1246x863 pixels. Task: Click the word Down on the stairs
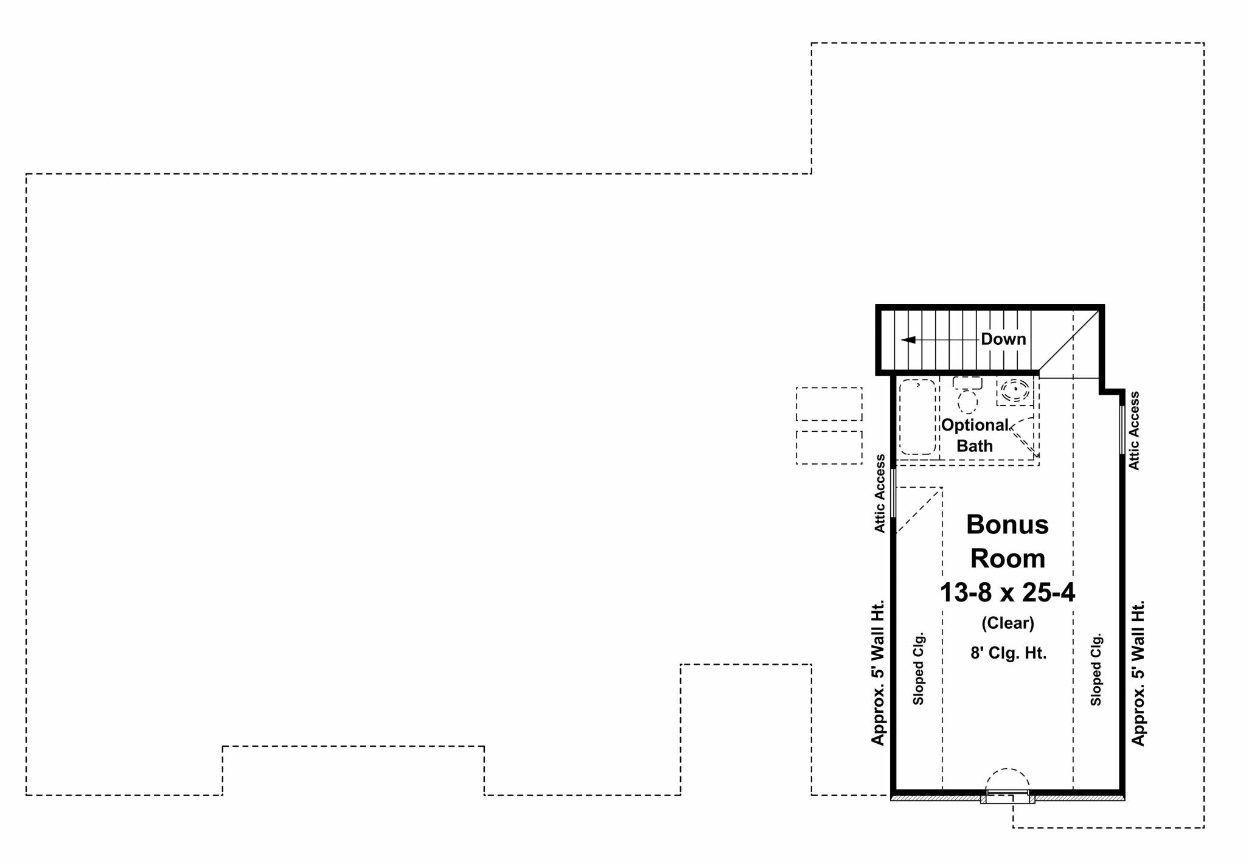(1003, 339)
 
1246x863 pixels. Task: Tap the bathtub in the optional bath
(917, 417)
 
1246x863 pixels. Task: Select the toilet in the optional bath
(967, 395)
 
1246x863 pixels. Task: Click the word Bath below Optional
(975, 446)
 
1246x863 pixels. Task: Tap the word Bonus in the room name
(1008, 524)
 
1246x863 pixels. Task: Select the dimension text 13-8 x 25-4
(1008, 592)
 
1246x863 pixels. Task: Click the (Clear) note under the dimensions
(1008, 623)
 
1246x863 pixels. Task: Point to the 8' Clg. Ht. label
(1008, 653)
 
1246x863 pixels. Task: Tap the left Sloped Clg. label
(919, 668)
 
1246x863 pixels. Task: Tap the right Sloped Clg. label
(1096, 670)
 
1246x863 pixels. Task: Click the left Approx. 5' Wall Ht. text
(878, 672)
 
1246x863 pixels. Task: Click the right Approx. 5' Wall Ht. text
(1138, 672)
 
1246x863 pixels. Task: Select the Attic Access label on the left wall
(880, 494)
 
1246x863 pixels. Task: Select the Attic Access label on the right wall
(1134, 431)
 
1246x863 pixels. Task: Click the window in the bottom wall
(1008, 793)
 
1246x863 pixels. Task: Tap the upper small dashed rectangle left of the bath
(829, 404)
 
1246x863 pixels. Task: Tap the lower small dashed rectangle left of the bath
(829, 448)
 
